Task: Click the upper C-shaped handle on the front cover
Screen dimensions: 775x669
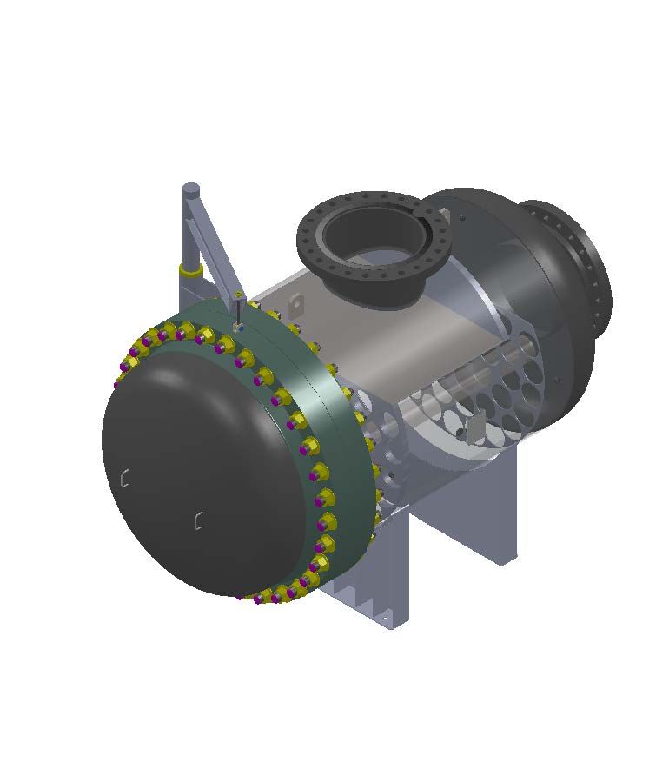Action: click(x=125, y=478)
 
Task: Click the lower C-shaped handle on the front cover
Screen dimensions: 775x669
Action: click(x=199, y=520)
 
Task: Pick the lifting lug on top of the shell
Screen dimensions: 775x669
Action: click(x=297, y=305)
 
